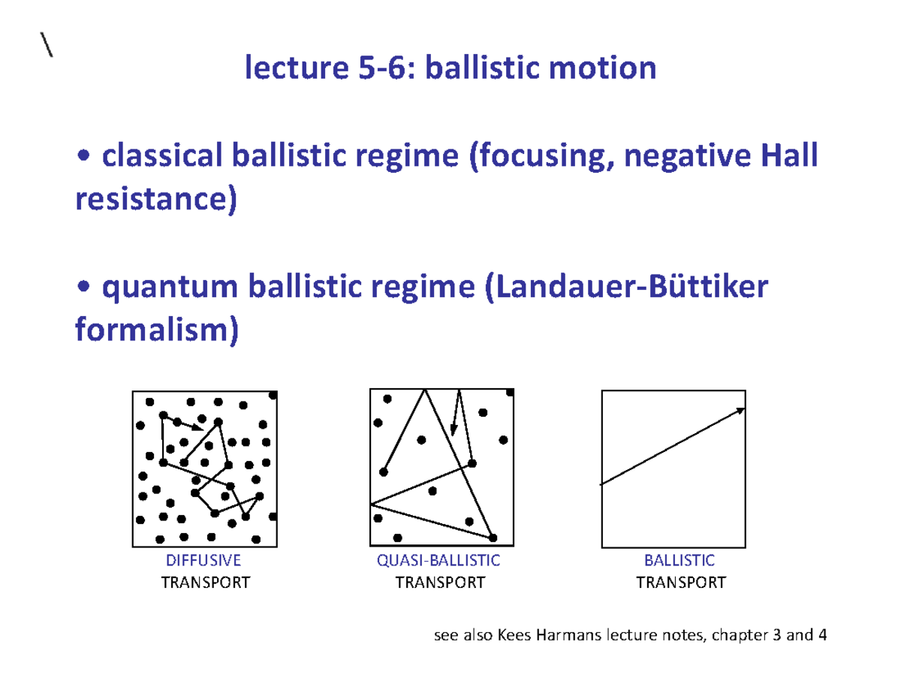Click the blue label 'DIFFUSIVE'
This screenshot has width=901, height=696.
pos(203,560)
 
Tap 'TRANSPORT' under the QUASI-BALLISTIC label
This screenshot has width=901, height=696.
pos(439,582)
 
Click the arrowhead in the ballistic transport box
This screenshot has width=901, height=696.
pos(740,410)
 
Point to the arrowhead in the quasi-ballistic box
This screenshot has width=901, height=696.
pos(454,429)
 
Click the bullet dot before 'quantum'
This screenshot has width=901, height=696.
pos(85,289)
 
